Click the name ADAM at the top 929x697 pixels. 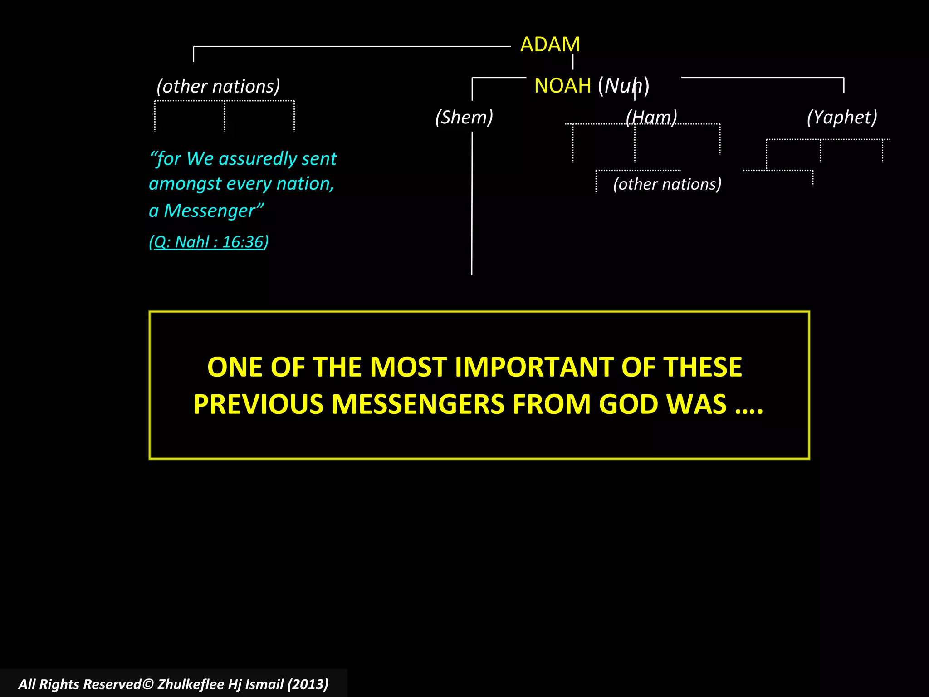[550, 44]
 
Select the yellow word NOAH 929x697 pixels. [562, 85]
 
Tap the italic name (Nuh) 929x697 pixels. [624, 85]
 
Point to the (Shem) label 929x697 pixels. [464, 117]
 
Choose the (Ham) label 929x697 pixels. [651, 117]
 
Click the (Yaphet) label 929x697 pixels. [842, 117]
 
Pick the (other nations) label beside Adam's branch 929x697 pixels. [218, 86]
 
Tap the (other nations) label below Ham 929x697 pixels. [667, 184]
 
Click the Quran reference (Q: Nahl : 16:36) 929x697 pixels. [209, 242]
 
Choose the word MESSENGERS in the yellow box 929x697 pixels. [418, 404]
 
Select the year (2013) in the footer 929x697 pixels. [308, 684]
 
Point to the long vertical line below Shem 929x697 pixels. [472, 204]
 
